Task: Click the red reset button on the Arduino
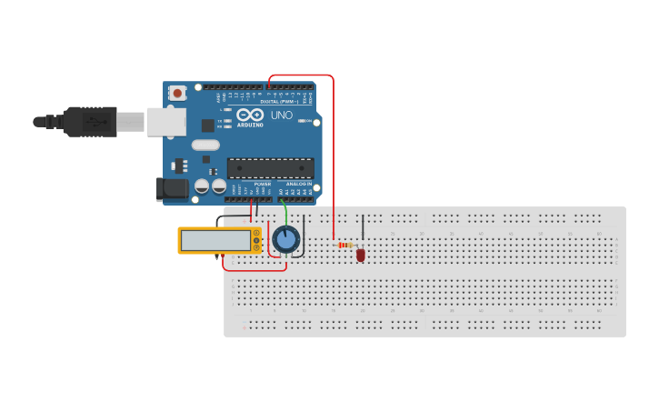(x=177, y=93)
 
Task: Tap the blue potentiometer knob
(x=286, y=240)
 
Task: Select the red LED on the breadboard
(x=361, y=255)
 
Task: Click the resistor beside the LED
(x=345, y=245)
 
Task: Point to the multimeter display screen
(x=215, y=240)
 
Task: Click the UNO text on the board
(x=282, y=116)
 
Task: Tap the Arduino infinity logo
(x=251, y=115)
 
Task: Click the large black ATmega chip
(x=270, y=168)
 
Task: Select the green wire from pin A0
(x=286, y=213)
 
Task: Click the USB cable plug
(x=91, y=121)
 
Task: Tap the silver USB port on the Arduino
(x=166, y=122)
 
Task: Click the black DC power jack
(x=173, y=189)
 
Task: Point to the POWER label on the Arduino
(x=262, y=184)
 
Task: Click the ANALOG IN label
(x=298, y=184)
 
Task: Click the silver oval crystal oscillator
(x=205, y=145)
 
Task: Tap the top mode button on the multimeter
(x=256, y=232)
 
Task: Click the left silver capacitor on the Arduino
(x=202, y=186)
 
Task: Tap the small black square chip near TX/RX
(x=207, y=126)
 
